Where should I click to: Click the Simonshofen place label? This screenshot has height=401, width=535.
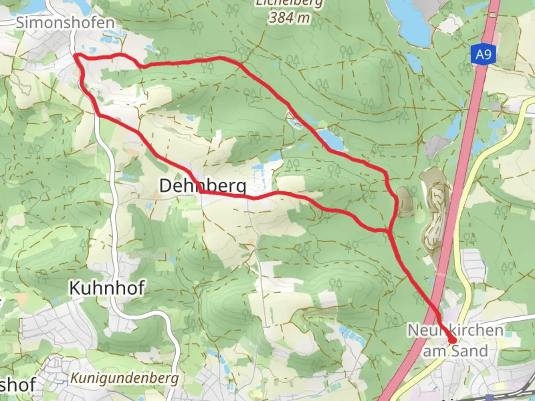click(65, 23)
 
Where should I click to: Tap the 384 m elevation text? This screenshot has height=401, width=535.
click(289, 17)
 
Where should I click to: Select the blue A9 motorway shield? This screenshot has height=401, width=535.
click(483, 55)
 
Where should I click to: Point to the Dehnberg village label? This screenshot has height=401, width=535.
click(202, 185)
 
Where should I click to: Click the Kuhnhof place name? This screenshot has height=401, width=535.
click(107, 288)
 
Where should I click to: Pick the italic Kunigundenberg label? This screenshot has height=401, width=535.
click(124, 378)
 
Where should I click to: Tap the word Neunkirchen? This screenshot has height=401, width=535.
click(455, 330)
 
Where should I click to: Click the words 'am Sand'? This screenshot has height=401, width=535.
click(455, 351)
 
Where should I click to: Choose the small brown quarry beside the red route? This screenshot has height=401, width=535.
click(404, 200)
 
